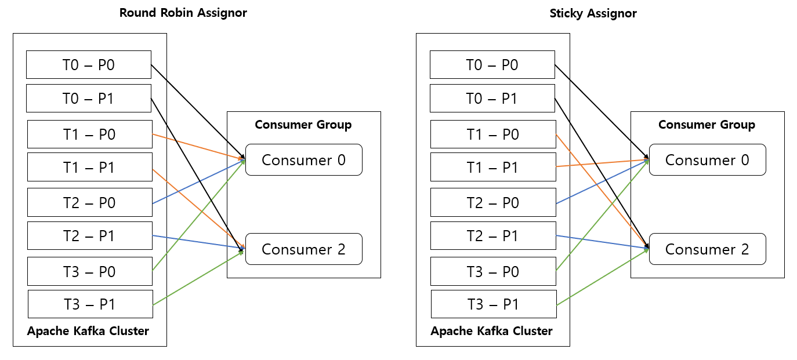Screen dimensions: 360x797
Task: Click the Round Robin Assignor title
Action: click(183, 13)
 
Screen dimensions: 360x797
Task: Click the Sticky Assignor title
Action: click(593, 13)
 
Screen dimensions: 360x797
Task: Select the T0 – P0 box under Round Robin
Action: click(89, 64)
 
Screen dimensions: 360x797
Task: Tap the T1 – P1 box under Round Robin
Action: click(89, 168)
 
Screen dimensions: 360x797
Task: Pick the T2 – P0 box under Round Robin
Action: click(89, 202)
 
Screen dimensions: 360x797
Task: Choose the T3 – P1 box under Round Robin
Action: click(90, 304)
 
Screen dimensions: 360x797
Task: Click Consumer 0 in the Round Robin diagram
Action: click(303, 160)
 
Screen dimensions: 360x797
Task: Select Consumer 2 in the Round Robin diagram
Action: click(303, 249)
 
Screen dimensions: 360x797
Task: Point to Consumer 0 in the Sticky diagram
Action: click(707, 160)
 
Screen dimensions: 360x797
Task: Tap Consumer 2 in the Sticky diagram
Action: click(707, 249)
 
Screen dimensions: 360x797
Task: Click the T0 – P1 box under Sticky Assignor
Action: click(492, 98)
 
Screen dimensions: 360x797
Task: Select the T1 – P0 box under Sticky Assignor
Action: click(493, 134)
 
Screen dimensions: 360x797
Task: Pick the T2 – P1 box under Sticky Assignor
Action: click(493, 236)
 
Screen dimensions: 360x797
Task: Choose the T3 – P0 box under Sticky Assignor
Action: click(493, 271)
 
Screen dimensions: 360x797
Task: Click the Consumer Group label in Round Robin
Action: click(303, 125)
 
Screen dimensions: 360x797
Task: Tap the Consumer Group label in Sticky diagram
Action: click(707, 125)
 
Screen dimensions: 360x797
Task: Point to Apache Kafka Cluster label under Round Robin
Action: click(88, 332)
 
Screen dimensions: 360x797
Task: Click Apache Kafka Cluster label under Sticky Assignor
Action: click(491, 332)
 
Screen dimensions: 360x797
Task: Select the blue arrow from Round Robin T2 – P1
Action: click(197, 242)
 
